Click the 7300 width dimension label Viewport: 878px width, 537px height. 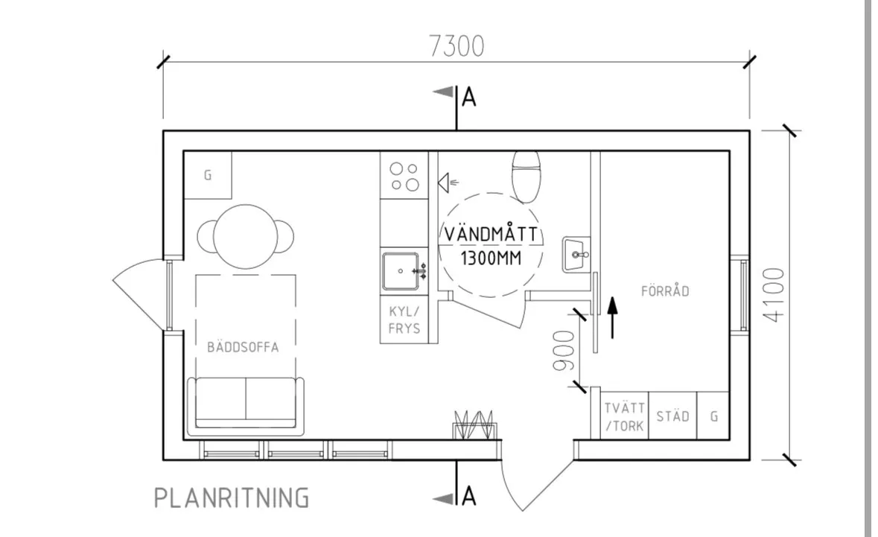click(456, 46)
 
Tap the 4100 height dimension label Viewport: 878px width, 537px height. click(774, 294)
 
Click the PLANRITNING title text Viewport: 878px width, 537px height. click(231, 498)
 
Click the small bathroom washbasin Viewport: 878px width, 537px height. click(576, 255)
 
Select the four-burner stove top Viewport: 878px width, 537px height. click(404, 177)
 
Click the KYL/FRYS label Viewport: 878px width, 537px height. click(404, 320)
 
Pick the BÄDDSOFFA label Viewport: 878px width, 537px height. click(244, 347)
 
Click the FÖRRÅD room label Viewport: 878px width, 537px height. click(665, 291)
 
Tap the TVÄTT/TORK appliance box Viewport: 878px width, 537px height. click(624, 416)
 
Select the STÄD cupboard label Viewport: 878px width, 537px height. click(672, 416)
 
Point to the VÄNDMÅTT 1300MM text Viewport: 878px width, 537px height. click(491, 246)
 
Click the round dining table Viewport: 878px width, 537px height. click(246, 235)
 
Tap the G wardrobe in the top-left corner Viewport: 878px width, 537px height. click(208, 176)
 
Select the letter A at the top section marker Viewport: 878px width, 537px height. click(468, 98)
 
